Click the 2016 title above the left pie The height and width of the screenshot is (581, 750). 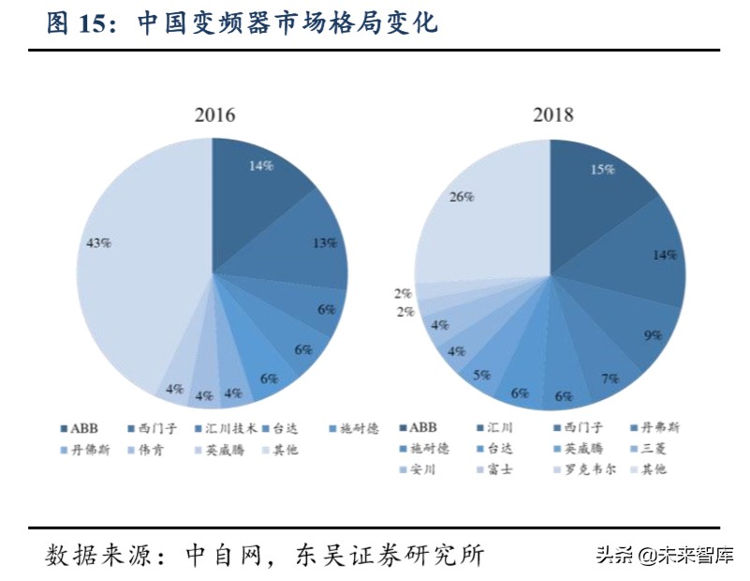click(x=214, y=116)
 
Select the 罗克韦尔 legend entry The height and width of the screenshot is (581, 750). click(x=586, y=469)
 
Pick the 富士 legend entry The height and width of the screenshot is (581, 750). click(x=501, y=469)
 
